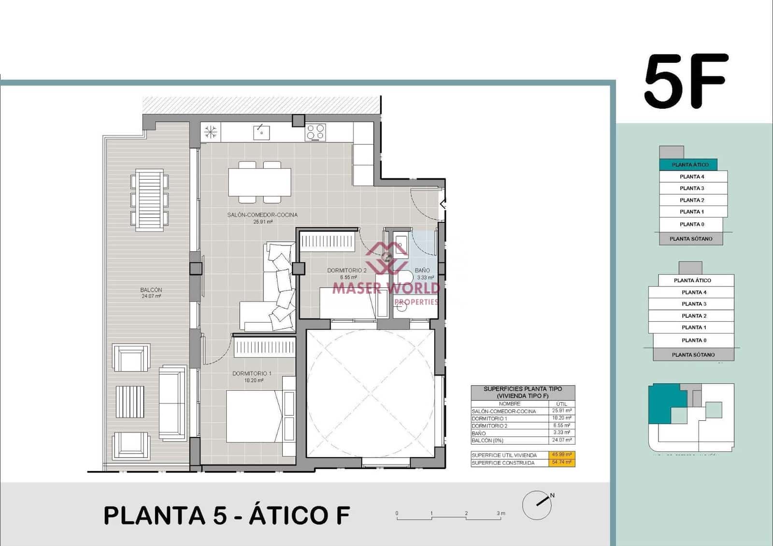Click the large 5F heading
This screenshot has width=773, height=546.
point(686,81)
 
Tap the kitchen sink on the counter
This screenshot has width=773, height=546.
point(261,132)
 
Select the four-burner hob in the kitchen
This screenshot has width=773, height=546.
point(315,132)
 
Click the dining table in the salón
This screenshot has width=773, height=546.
point(259,182)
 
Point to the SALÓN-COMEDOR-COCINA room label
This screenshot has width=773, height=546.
point(262,215)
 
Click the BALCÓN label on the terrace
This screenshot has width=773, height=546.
point(151,290)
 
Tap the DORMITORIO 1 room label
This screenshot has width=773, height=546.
point(252,374)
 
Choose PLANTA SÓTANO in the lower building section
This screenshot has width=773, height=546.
point(693,355)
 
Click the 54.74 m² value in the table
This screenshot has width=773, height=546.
point(561,462)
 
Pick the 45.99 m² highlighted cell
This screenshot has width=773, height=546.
point(561,455)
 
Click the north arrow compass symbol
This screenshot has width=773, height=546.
point(537,505)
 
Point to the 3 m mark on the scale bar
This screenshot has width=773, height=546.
point(501,514)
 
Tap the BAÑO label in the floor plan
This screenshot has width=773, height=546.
point(422,271)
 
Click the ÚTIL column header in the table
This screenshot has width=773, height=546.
point(561,404)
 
